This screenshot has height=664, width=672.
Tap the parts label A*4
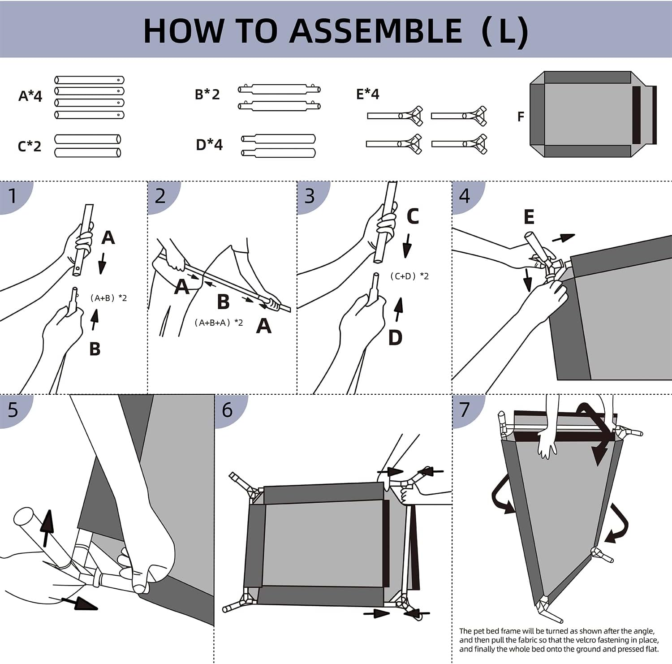(30, 96)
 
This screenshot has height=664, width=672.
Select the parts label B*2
(207, 95)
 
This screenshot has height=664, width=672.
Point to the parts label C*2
(29, 146)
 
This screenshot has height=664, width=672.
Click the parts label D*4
(209, 145)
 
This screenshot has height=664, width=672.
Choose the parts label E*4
(367, 94)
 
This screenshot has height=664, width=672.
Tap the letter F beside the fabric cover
(520, 117)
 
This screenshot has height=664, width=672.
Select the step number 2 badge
(160, 196)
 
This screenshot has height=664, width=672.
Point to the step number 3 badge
(310, 196)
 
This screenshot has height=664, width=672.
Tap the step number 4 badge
(464, 196)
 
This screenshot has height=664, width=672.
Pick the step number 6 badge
(227, 410)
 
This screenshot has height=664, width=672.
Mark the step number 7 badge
(464, 410)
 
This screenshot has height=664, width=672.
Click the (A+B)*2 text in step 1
(108, 298)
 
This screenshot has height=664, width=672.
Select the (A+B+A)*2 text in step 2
(219, 323)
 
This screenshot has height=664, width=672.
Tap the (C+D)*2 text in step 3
(409, 276)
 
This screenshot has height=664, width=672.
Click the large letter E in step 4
(529, 217)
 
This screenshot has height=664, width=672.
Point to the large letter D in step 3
(395, 338)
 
